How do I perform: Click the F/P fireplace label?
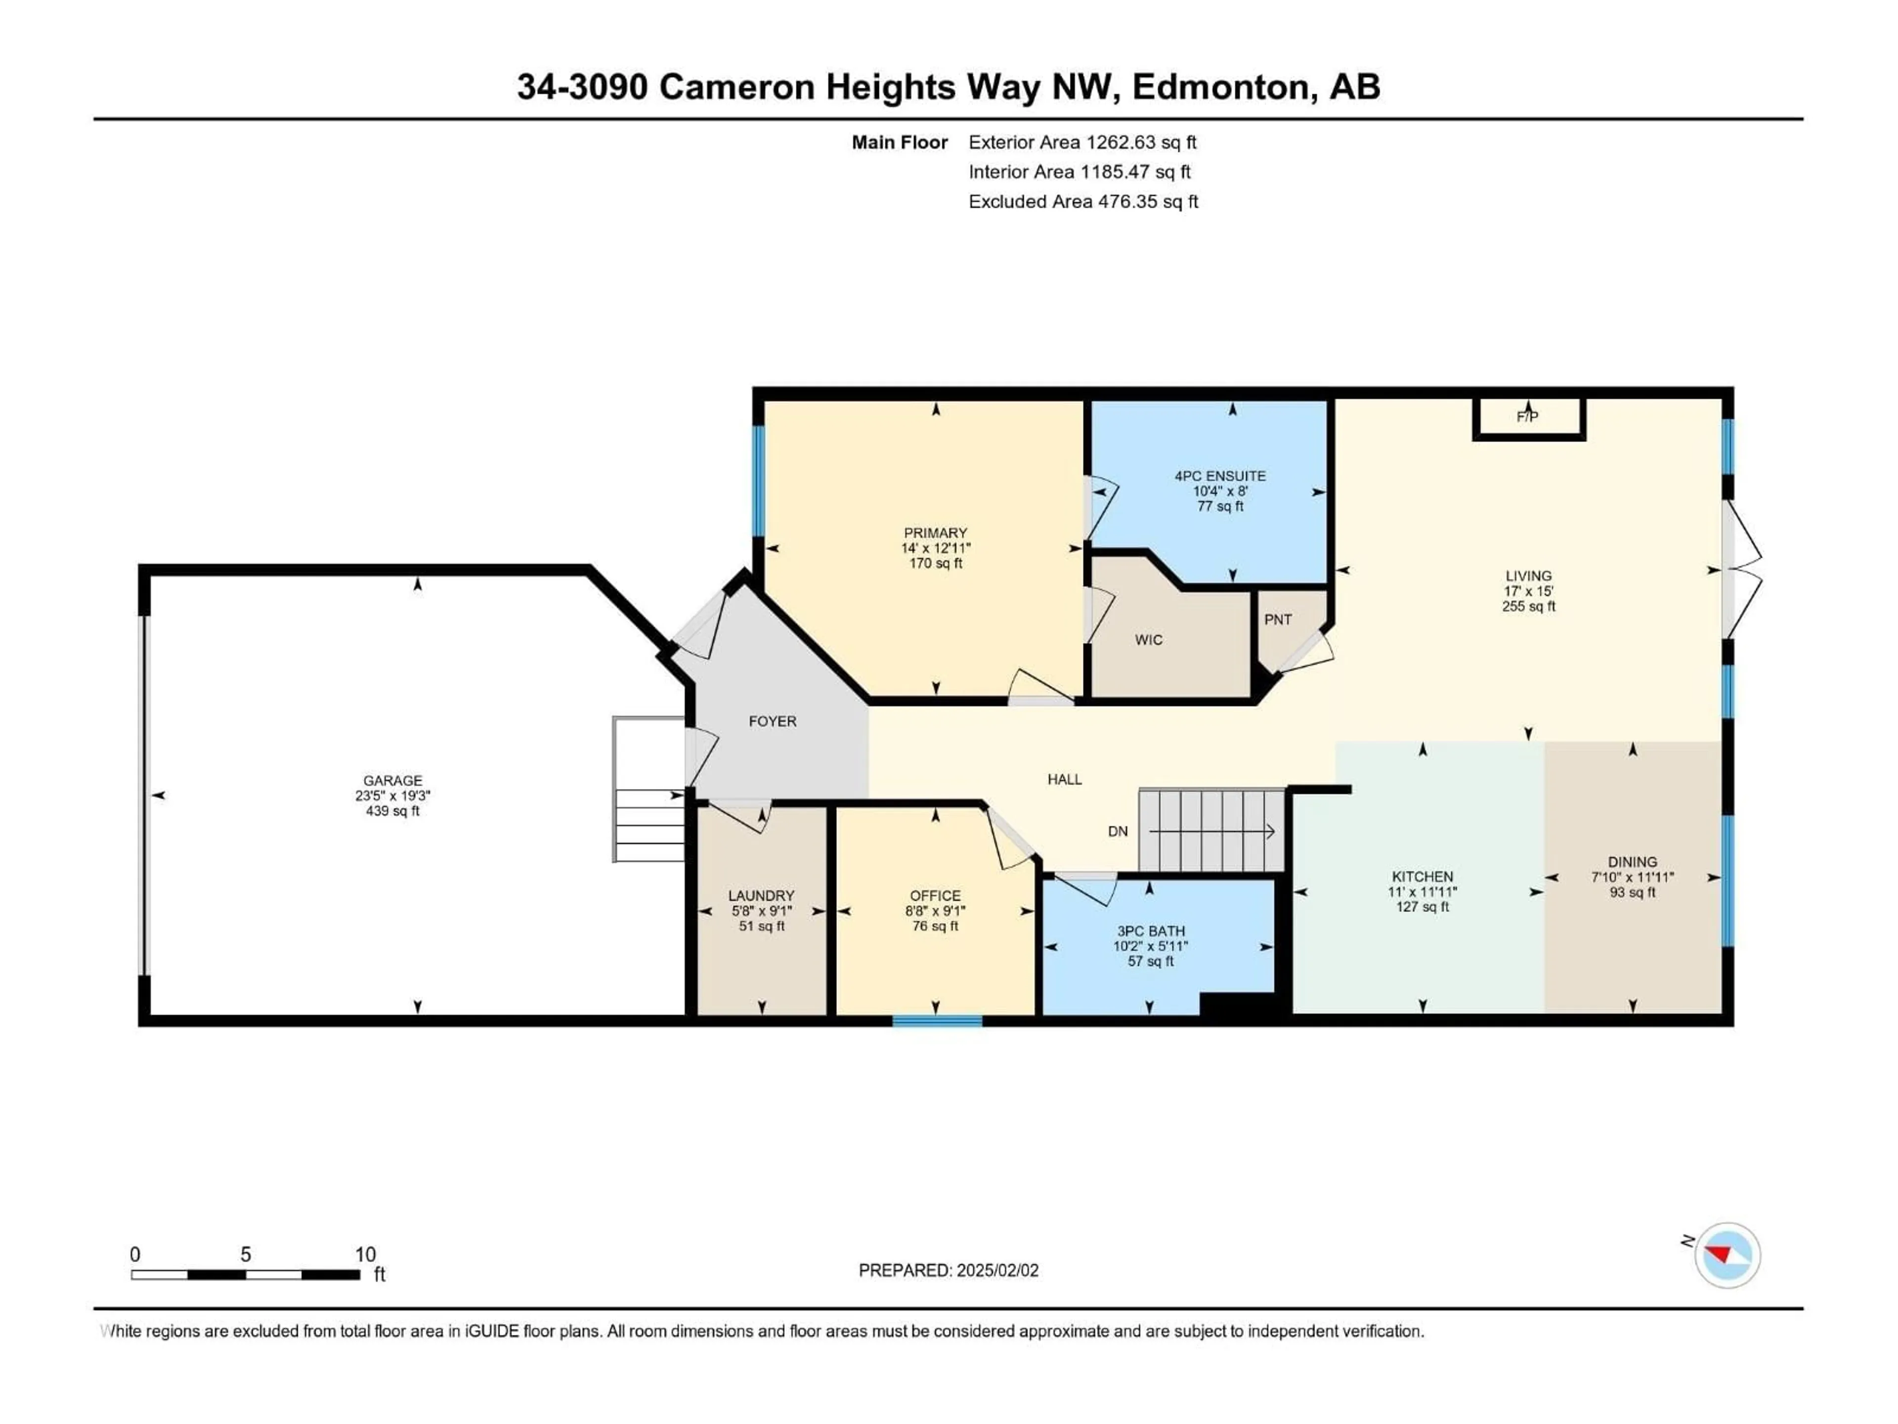(x=1527, y=417)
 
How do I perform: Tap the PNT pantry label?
(x=1278, y=620)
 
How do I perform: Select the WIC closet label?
(x=1148, y=639)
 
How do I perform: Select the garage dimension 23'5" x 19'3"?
(x=393, y=796)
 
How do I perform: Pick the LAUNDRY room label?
(x=761, y=896)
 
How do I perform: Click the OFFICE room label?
(x=935, y=896)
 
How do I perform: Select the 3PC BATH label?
(x=1151, y=932)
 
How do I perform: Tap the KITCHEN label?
(x=1422, y=876)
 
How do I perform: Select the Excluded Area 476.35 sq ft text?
(x=1083, y=202)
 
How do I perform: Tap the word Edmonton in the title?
(x=1224, y=87)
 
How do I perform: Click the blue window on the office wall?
(x=937, y=1021)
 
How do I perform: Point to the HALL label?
(x=1064, y=779)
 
